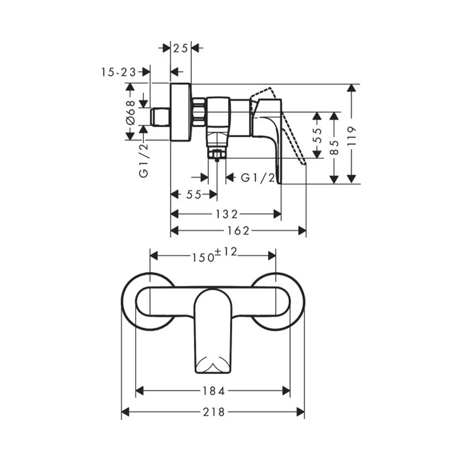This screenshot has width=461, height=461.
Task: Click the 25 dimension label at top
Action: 180,48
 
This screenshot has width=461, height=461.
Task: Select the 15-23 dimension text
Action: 119,72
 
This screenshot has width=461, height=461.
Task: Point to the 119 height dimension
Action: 351,136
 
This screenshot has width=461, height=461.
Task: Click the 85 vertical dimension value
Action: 334,148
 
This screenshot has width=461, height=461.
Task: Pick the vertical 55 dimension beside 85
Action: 317,136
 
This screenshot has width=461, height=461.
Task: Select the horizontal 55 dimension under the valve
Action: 194,195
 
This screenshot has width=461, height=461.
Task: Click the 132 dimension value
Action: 226,214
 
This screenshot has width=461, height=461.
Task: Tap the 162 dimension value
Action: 238,231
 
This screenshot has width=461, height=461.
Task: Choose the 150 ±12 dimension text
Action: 214,255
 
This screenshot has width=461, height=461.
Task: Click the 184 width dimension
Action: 213,391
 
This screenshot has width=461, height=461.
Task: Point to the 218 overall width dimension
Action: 214,412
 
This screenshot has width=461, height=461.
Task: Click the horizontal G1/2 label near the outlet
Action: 258,177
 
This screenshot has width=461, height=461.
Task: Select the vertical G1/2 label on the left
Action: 143,161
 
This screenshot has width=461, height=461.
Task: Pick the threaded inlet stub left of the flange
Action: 160,117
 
